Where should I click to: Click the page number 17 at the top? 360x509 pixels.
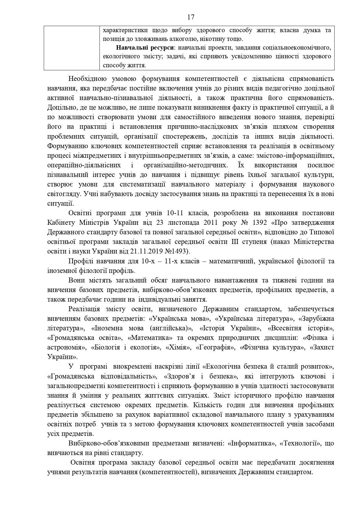(191, 17)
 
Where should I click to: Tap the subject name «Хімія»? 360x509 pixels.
(178, 347)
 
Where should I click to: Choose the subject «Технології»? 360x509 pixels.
(299, 443)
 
